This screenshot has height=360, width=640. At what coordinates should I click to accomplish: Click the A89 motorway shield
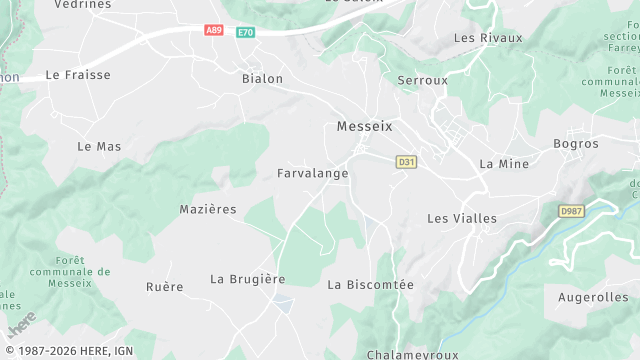pyautogui.click(x=213, y=30)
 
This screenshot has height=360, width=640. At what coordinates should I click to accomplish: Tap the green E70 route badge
pyautogui.click(x=245, y=33)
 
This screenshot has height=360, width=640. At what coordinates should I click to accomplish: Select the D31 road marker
pyautogui.click(x=405, y=161)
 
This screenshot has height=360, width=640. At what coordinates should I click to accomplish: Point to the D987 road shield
pyautogui.click(x=571, y=211)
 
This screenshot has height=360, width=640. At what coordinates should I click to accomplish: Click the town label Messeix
pyautogui.click(x=365, y=127)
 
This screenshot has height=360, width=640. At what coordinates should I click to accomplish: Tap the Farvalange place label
pyautogui.click(x=312, y=173)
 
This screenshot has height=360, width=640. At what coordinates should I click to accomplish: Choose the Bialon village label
pyautogui.click(x=262, y=78)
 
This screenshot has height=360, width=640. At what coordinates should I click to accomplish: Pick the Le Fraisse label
pyautogui.click(x=78, y=75)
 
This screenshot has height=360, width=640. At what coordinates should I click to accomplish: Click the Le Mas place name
pyautogui.click(x=99, y=146)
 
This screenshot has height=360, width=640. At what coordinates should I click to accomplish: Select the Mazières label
pyautogui.click(x=208, y=209)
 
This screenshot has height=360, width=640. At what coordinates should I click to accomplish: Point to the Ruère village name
pyautogui.click(x=165, y=287)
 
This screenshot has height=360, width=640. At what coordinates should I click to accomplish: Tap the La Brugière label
pyautogui.click(x=248, y=279)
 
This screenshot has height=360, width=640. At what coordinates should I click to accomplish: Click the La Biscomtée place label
pyautogui.click(x=370, y=285)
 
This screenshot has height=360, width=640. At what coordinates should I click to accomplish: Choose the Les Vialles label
pyautogui.click(x=462, y=218)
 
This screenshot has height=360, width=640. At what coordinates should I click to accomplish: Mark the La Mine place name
pyautogui.click(x=504, y=163)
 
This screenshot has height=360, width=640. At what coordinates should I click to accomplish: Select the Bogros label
pyautogui.click(x=576, y=144)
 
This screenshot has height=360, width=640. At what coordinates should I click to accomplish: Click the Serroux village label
pyautogui.click(x=422, y=80)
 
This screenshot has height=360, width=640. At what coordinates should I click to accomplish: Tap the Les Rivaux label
pyautogui.click(x=488, y=38)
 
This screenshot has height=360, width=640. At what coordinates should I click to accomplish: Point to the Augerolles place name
pyautogui.click(x=593, y=297)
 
